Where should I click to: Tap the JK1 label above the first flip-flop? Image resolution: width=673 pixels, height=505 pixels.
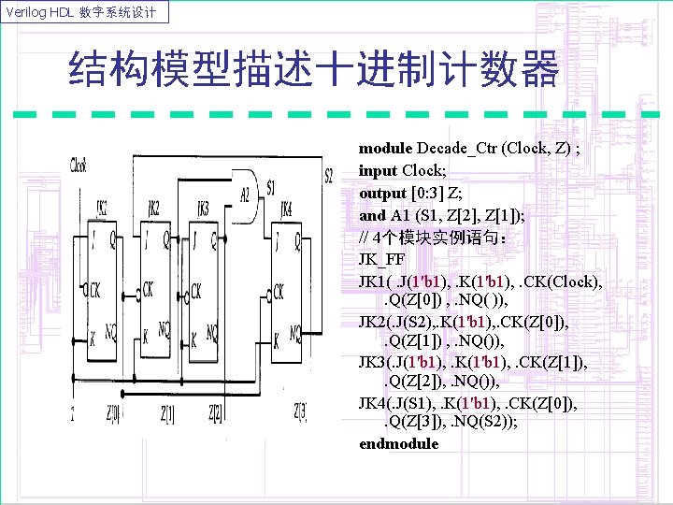[x=102, y=207]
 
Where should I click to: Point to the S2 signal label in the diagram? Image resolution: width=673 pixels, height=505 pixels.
[x=328, y=176]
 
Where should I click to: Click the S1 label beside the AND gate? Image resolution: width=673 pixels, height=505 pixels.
[x=271, y=187]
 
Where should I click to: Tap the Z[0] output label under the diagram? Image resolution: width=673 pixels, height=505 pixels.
[x=112, y=411]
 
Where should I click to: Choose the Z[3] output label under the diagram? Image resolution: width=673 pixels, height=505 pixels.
[x=301, y=411]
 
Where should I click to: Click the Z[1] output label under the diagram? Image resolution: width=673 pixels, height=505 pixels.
[x=168, y=411]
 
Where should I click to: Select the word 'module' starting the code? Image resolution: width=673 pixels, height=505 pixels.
[x=386, y=148]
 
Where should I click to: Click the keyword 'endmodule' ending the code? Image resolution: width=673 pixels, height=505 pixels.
[x=398, y=443]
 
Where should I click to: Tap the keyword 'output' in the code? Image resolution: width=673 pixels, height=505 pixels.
[x=383, y=193]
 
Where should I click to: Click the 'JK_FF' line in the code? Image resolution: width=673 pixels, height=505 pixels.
[x=382, y=259]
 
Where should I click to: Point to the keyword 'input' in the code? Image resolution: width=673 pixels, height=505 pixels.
[x=379, y=170]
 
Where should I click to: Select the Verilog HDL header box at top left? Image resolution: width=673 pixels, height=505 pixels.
[x=87, y=12]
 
